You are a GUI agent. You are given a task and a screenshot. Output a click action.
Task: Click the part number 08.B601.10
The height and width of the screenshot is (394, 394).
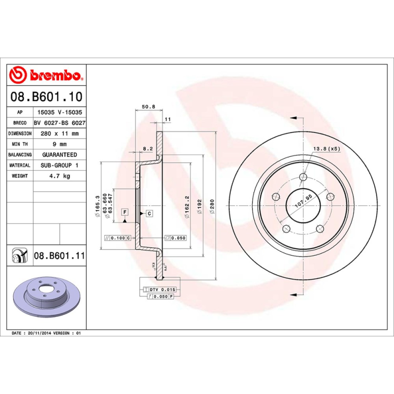(x=46, y=97)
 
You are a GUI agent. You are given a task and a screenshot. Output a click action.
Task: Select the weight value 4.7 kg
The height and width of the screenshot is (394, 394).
(x=59, y=176)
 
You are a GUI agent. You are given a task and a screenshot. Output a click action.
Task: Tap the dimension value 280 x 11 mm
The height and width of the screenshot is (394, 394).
(x=59, y=133)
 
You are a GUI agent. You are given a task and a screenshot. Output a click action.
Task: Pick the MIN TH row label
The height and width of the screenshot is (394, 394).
(x=20, y=144)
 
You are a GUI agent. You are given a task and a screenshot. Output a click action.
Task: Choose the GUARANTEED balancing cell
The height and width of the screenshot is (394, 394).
(x=59, y=155)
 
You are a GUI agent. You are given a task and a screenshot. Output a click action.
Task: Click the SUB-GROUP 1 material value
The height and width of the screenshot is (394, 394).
(x=59, y=165)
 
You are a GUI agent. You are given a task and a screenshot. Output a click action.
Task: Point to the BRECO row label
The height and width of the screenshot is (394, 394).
(x=20, y=123)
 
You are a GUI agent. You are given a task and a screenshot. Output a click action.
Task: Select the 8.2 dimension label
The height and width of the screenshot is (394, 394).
(x=147, y=148)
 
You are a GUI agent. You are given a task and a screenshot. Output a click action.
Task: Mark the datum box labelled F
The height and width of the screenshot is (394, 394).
(x=125, y=212)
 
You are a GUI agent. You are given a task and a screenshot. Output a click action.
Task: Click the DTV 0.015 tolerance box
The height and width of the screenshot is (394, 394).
(x=162, y=290)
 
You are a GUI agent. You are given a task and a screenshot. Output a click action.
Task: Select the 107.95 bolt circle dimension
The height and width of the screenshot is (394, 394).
(x=303, y=201)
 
